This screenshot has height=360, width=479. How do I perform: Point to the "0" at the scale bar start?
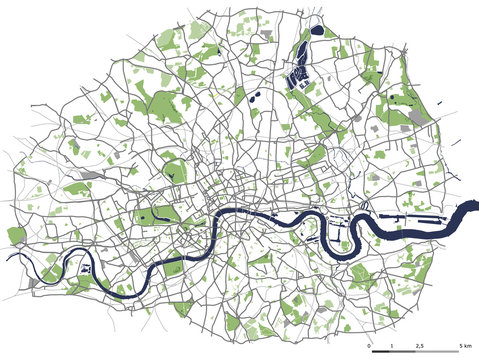click(369, 345)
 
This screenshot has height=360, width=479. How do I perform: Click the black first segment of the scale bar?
click(379, 352)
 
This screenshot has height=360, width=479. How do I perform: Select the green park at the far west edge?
click(16, 236)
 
